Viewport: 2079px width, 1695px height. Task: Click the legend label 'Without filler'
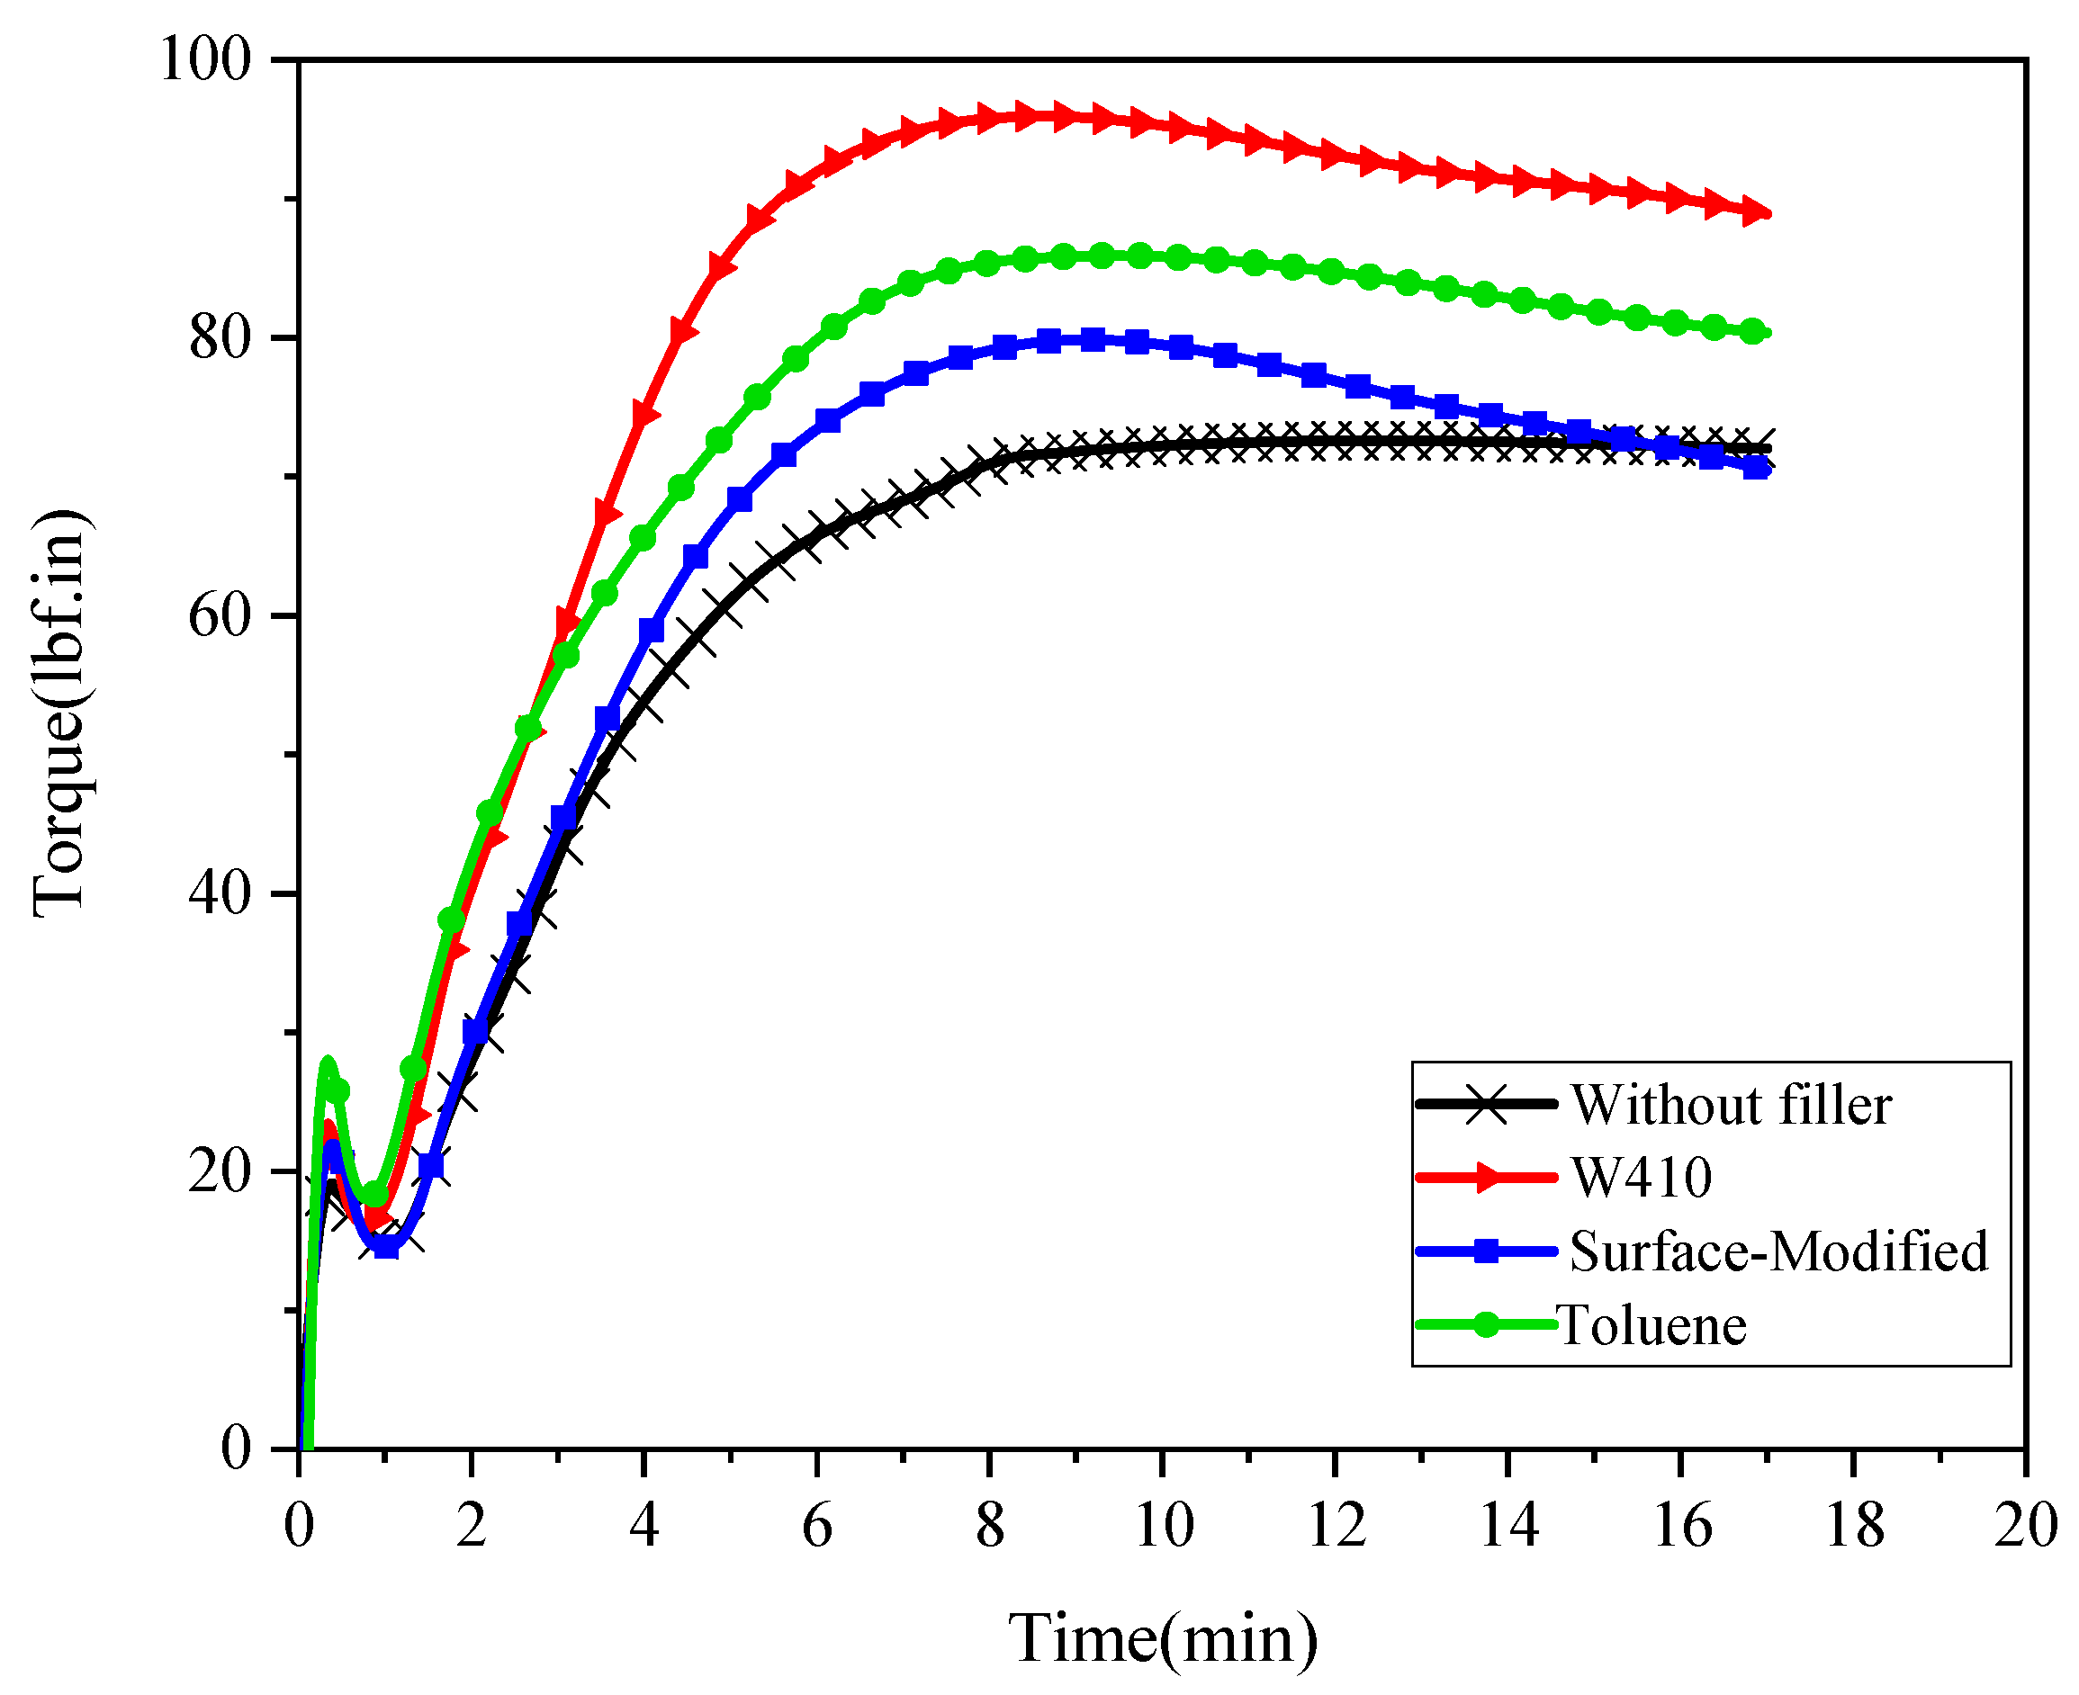(x=1732, y=1106)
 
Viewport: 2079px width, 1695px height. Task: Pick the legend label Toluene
(x=1651, y=1325)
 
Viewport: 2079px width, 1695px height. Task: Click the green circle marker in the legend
(x=1485, y=1324)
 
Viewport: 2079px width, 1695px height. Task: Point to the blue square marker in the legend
(x=1485, y=1251)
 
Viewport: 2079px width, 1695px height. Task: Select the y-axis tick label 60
(x=220, y=615)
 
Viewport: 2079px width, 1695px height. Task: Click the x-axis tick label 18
(x=1853, y=1525)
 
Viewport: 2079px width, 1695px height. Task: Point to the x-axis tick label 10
(x=1163, y=1525)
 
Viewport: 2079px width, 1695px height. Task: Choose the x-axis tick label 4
(x=643, y=1525)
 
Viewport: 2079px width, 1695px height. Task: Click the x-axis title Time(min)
(x=1162, y=1638)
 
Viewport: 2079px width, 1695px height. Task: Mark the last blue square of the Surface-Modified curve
(x=1756, y=468)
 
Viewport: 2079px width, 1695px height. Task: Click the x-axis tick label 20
(x=2025, y=1525)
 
